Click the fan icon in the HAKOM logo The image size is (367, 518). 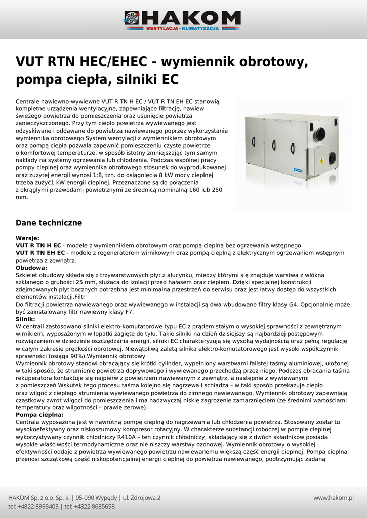[132, 18]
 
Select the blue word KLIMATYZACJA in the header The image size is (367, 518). [200, 28]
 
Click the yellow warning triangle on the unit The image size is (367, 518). [321, 159]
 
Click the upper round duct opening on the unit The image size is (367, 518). [320, 134]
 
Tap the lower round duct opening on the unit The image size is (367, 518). [332, 158]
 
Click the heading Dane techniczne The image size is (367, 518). [49, 223]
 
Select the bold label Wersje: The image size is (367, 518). [27, 238]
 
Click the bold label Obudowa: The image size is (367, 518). [31, 268]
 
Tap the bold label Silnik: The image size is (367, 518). [25, 319]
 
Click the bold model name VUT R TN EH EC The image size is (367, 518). [40, 253]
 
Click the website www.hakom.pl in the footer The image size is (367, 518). [333, 498]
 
